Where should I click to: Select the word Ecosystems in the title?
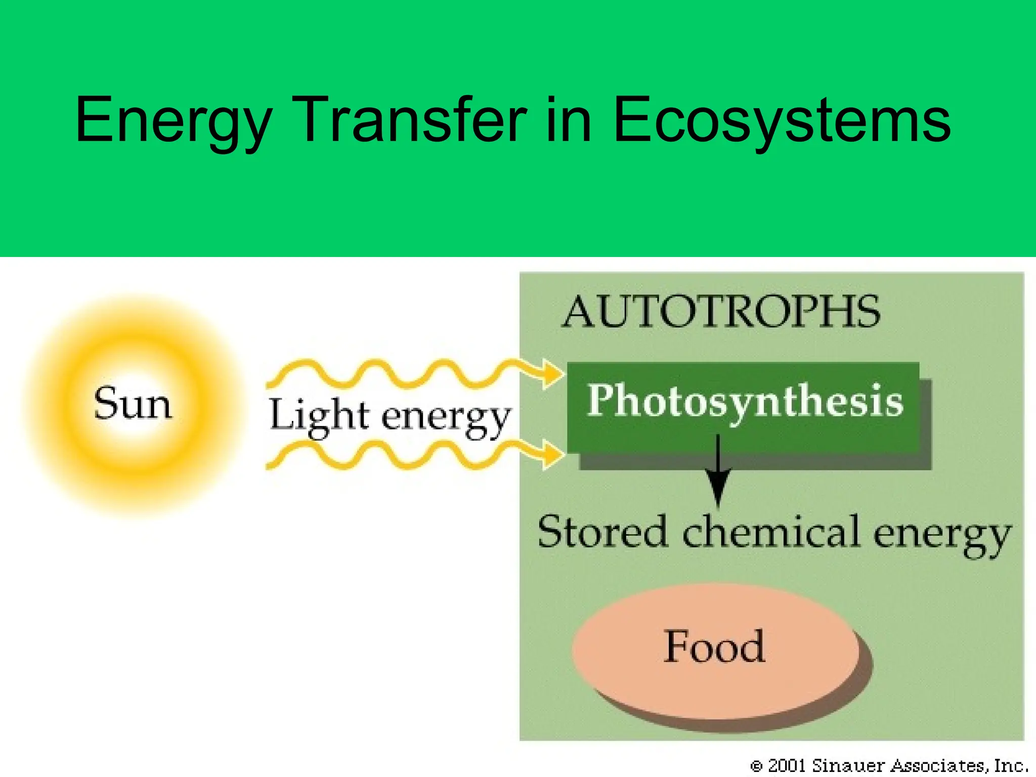(x=782, y=121)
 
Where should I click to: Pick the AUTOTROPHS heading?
(x=721, y=312)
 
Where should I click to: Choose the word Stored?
(x=602, y=532)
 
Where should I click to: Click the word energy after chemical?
(x=942, y=535)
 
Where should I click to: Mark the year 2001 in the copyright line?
(x=787, y=765)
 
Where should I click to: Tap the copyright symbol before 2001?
(x=756, y=766)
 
